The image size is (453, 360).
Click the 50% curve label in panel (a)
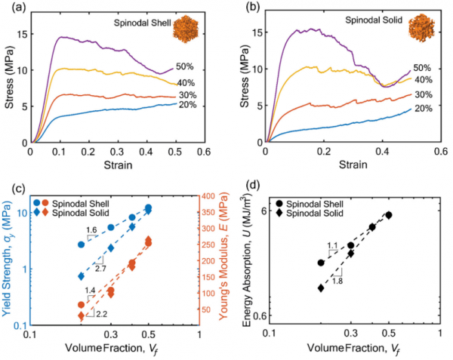click(x=186, y=66)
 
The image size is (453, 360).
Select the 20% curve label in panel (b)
click(x=423, y=109)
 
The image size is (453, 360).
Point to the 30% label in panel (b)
click(x=423, y=94)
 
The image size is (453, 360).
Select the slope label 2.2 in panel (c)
click(x=102, y=312)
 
